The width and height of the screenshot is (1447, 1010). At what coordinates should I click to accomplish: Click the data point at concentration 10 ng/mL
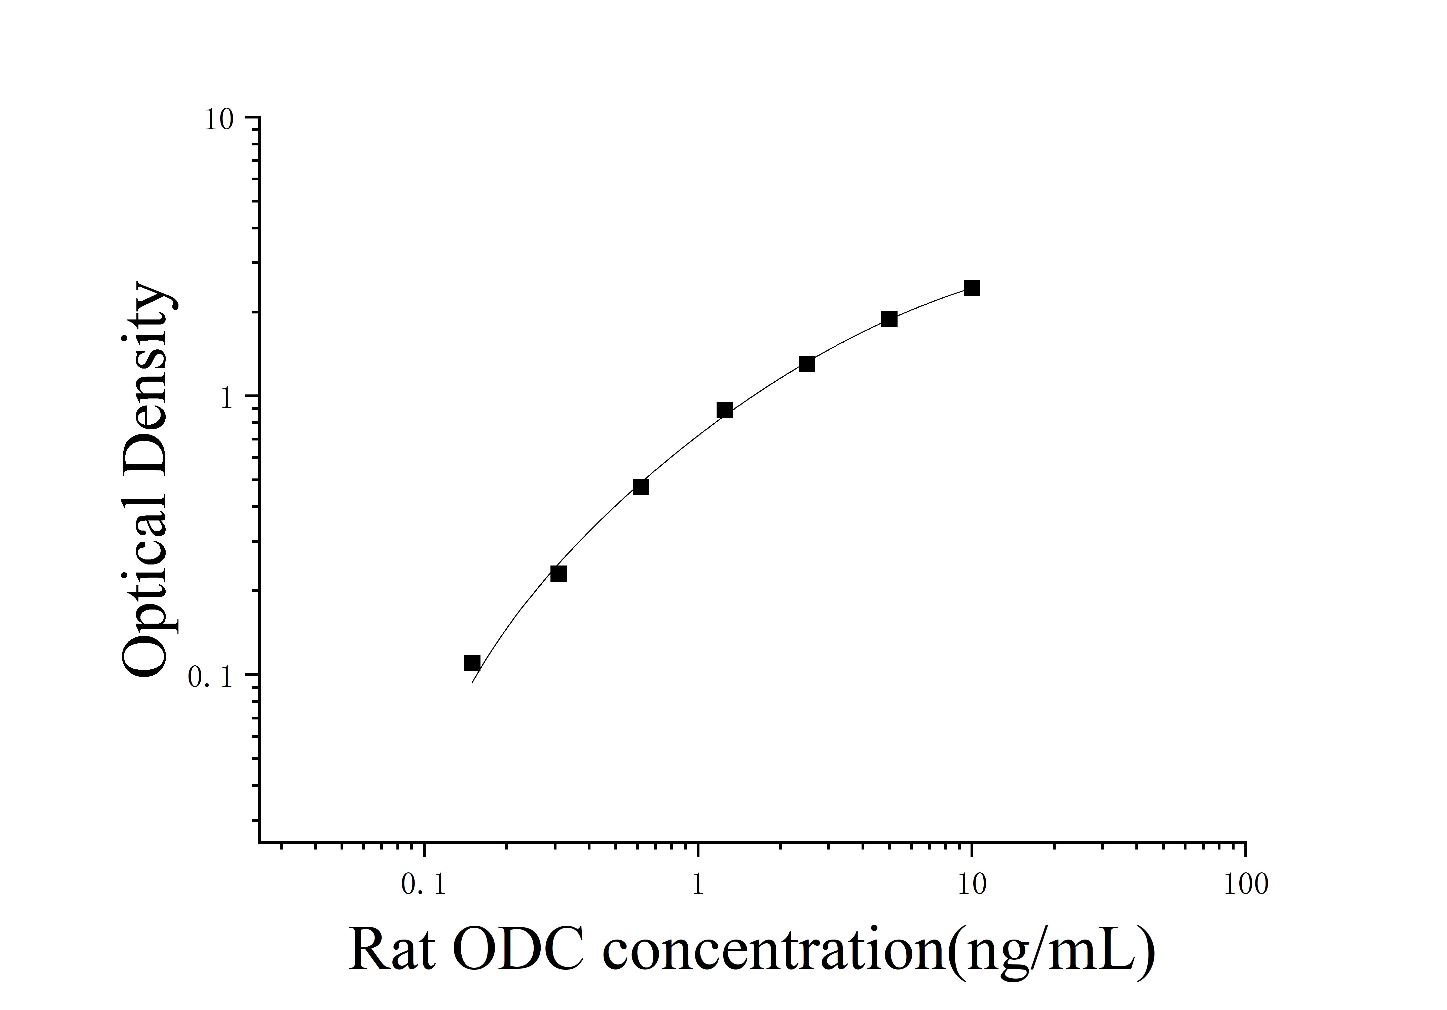[972, 288]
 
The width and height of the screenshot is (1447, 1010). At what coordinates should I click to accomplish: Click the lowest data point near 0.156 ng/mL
[472, 663]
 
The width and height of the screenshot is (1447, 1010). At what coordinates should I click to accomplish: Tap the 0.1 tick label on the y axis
[210, 677]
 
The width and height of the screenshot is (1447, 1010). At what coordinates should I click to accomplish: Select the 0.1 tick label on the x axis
[424, 885]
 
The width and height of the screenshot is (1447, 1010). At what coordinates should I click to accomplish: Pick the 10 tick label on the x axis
[972, 885]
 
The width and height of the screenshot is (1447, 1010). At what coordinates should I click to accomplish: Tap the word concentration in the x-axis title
[775, 950]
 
